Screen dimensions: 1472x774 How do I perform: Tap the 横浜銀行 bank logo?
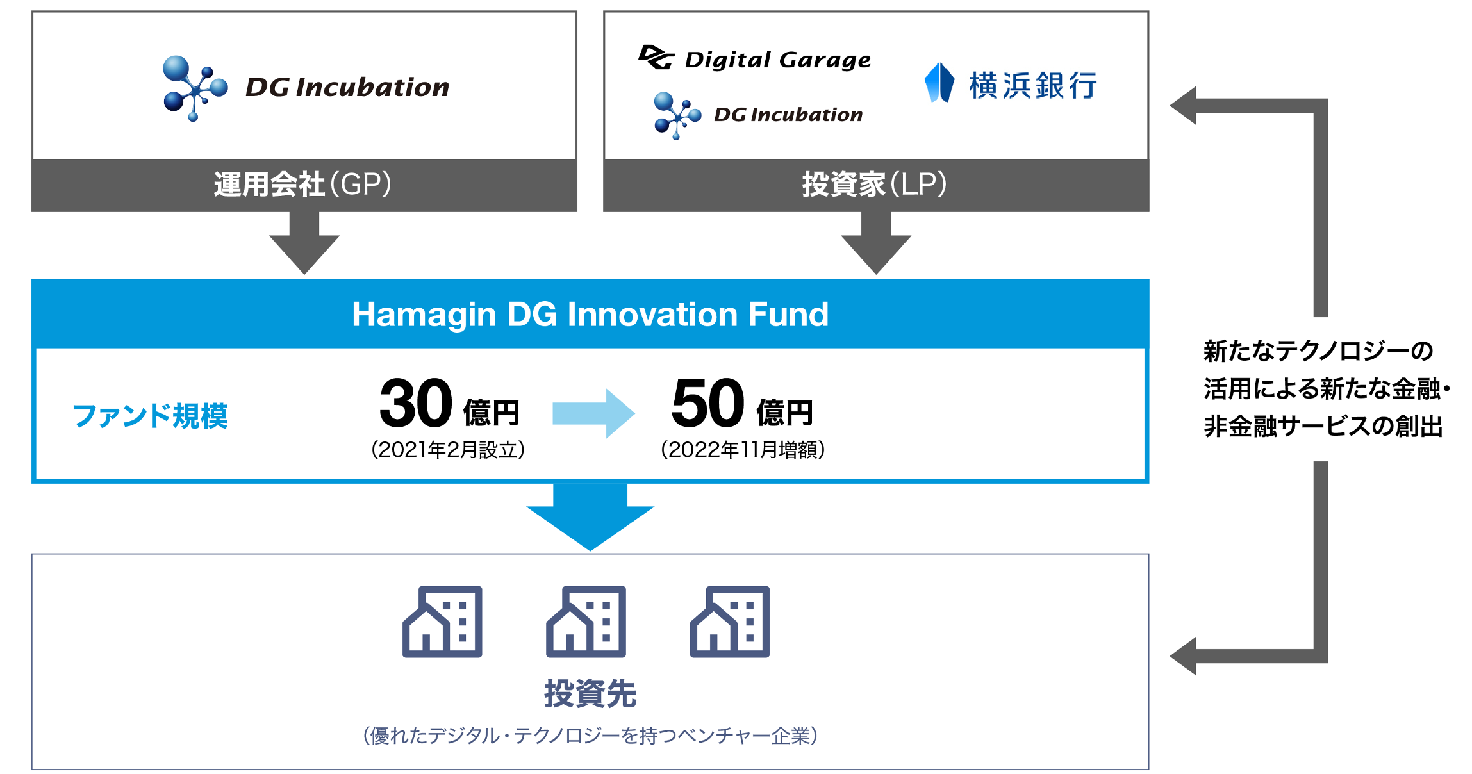(1011, 84)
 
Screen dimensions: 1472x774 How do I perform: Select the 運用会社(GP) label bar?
(304, 185)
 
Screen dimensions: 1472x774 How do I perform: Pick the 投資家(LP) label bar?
(876, 185)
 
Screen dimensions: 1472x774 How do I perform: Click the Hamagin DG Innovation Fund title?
(590, 315)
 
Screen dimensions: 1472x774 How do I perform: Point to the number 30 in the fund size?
(416, 404)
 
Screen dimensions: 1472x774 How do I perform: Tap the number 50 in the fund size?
(708, 404)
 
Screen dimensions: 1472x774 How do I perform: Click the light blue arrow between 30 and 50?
(593, 413)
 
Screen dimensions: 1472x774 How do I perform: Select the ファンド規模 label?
(150, 416)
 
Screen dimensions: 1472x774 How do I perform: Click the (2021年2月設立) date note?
(448, 450)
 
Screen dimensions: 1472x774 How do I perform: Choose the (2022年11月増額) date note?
(743, 450)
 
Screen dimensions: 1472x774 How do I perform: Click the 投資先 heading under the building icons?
(590, 694)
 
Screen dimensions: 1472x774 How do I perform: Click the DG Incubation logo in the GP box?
(306, 88)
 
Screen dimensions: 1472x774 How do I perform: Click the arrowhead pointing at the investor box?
(1183, 106)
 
